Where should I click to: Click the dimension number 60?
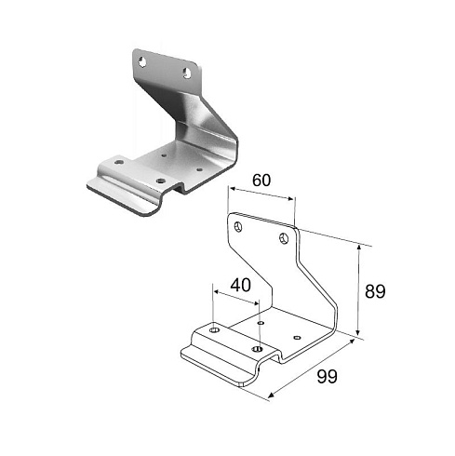pos(261,181)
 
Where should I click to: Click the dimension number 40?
pos(241,285)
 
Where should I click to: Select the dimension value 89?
pos(375,291)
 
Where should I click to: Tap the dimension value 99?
pos(327,377)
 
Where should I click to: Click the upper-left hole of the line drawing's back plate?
pos(238,227)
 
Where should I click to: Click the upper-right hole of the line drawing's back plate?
pos(284,238)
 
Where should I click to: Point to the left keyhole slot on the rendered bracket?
pos(142,61)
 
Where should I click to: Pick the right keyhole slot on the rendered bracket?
pos(187,74)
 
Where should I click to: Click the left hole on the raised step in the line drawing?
pos(214,329)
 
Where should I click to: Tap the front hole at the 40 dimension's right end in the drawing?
pos(258,349)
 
